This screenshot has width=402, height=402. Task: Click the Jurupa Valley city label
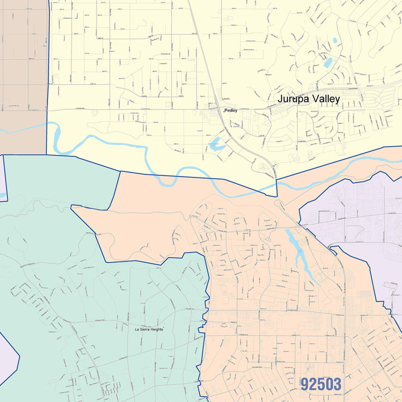[x=309, y=99]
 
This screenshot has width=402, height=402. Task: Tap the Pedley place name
[x=231, y=111]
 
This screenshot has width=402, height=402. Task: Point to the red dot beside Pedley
[x=224, y=111]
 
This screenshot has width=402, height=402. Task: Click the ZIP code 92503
[x=320, y=384]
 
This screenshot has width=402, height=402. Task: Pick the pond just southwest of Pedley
[x=216, y=144]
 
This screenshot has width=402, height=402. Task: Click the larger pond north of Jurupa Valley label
[x=327, y=63]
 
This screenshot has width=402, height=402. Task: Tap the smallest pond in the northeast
[x=334, y=40]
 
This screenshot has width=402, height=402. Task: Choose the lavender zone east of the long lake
[x=357, y=223]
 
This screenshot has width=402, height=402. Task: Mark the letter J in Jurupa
[x=280, y=99]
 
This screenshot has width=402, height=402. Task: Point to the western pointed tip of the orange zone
[x=73, y=207]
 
